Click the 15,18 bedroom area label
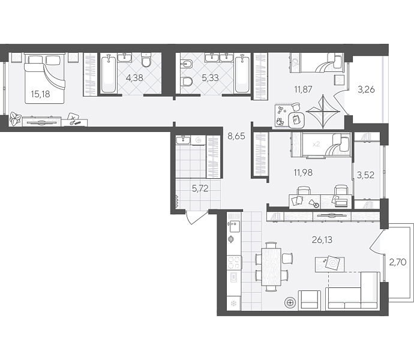click(40, 94)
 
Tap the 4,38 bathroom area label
click(134, 78)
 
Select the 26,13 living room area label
click(322, 240)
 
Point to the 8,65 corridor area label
click(236, 136)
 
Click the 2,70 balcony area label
click(398, 262)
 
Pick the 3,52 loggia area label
click(365, 175)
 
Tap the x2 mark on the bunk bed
click(316, 144)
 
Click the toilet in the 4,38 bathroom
click(146, 60)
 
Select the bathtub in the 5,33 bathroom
click(242, 73)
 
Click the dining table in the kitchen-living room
click(271, 267)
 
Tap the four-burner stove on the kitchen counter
click(234, 263)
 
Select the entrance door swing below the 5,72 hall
click(196, 217)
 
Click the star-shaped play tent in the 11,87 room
click(323, 112)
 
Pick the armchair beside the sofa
click(310, 300)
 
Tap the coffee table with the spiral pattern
click(330, 264)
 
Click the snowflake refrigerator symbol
click(234, 303)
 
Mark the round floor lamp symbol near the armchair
click(290, 302)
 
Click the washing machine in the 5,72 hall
click(198, 140)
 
